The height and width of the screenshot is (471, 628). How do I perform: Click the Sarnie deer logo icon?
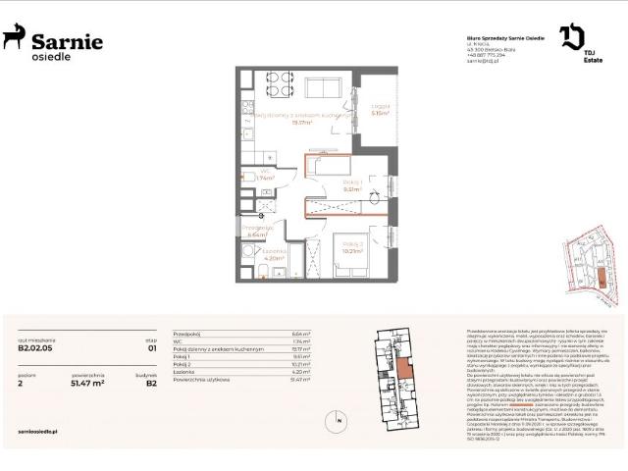[14, 38]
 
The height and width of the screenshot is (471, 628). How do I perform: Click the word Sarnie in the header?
[67, 40]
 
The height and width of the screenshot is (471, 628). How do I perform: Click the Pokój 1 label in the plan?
[353, 183]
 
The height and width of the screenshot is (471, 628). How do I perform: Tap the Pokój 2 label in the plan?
[353, 244]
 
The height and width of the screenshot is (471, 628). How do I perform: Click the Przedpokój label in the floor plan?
[255, 229]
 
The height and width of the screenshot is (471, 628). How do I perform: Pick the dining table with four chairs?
[277, 85]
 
